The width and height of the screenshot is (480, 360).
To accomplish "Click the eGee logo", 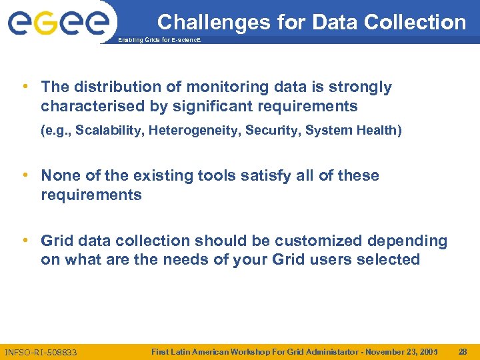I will [58, 23].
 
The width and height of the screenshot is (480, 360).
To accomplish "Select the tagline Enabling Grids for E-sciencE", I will [159, 41].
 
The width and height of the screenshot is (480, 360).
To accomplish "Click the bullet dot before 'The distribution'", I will [25, 87].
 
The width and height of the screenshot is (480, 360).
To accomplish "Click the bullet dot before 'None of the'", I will [25, 175].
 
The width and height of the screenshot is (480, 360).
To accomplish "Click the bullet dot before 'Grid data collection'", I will [25, 240].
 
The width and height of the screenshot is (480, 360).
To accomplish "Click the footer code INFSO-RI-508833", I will [41, 352].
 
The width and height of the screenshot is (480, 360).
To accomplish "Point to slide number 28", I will [463, 351].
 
